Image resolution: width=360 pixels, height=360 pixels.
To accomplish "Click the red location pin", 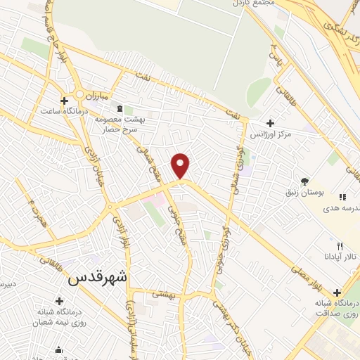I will coord(181,165).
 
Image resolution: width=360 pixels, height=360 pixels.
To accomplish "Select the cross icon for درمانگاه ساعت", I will coord(65,101).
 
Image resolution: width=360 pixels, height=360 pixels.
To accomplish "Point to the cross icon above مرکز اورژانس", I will coord(270,123).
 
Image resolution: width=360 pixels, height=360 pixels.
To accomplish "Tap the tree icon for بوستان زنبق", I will coord(304,180).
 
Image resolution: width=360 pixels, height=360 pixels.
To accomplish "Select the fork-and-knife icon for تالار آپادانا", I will coord(340,247).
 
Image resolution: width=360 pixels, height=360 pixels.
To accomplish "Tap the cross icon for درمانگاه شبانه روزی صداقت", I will coord(337,292).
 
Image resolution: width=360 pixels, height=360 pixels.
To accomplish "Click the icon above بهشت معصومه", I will coord(119,109).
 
